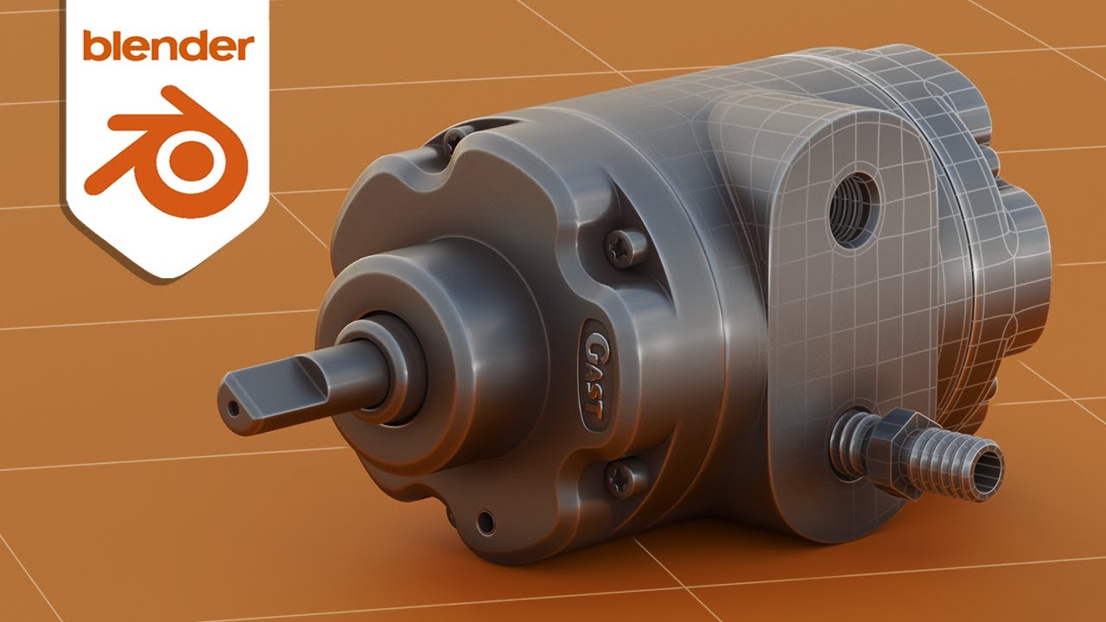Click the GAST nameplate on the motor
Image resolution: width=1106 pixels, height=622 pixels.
click(x=592, y=371)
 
